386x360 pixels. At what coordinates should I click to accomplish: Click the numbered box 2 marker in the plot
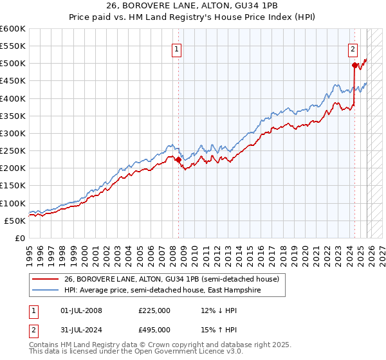point(353,48)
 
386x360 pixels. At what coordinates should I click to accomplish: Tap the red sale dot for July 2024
point(354,65)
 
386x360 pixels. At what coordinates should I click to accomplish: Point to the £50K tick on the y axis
point(15,221)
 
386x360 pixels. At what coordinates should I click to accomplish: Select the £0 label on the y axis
point(21,238)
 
